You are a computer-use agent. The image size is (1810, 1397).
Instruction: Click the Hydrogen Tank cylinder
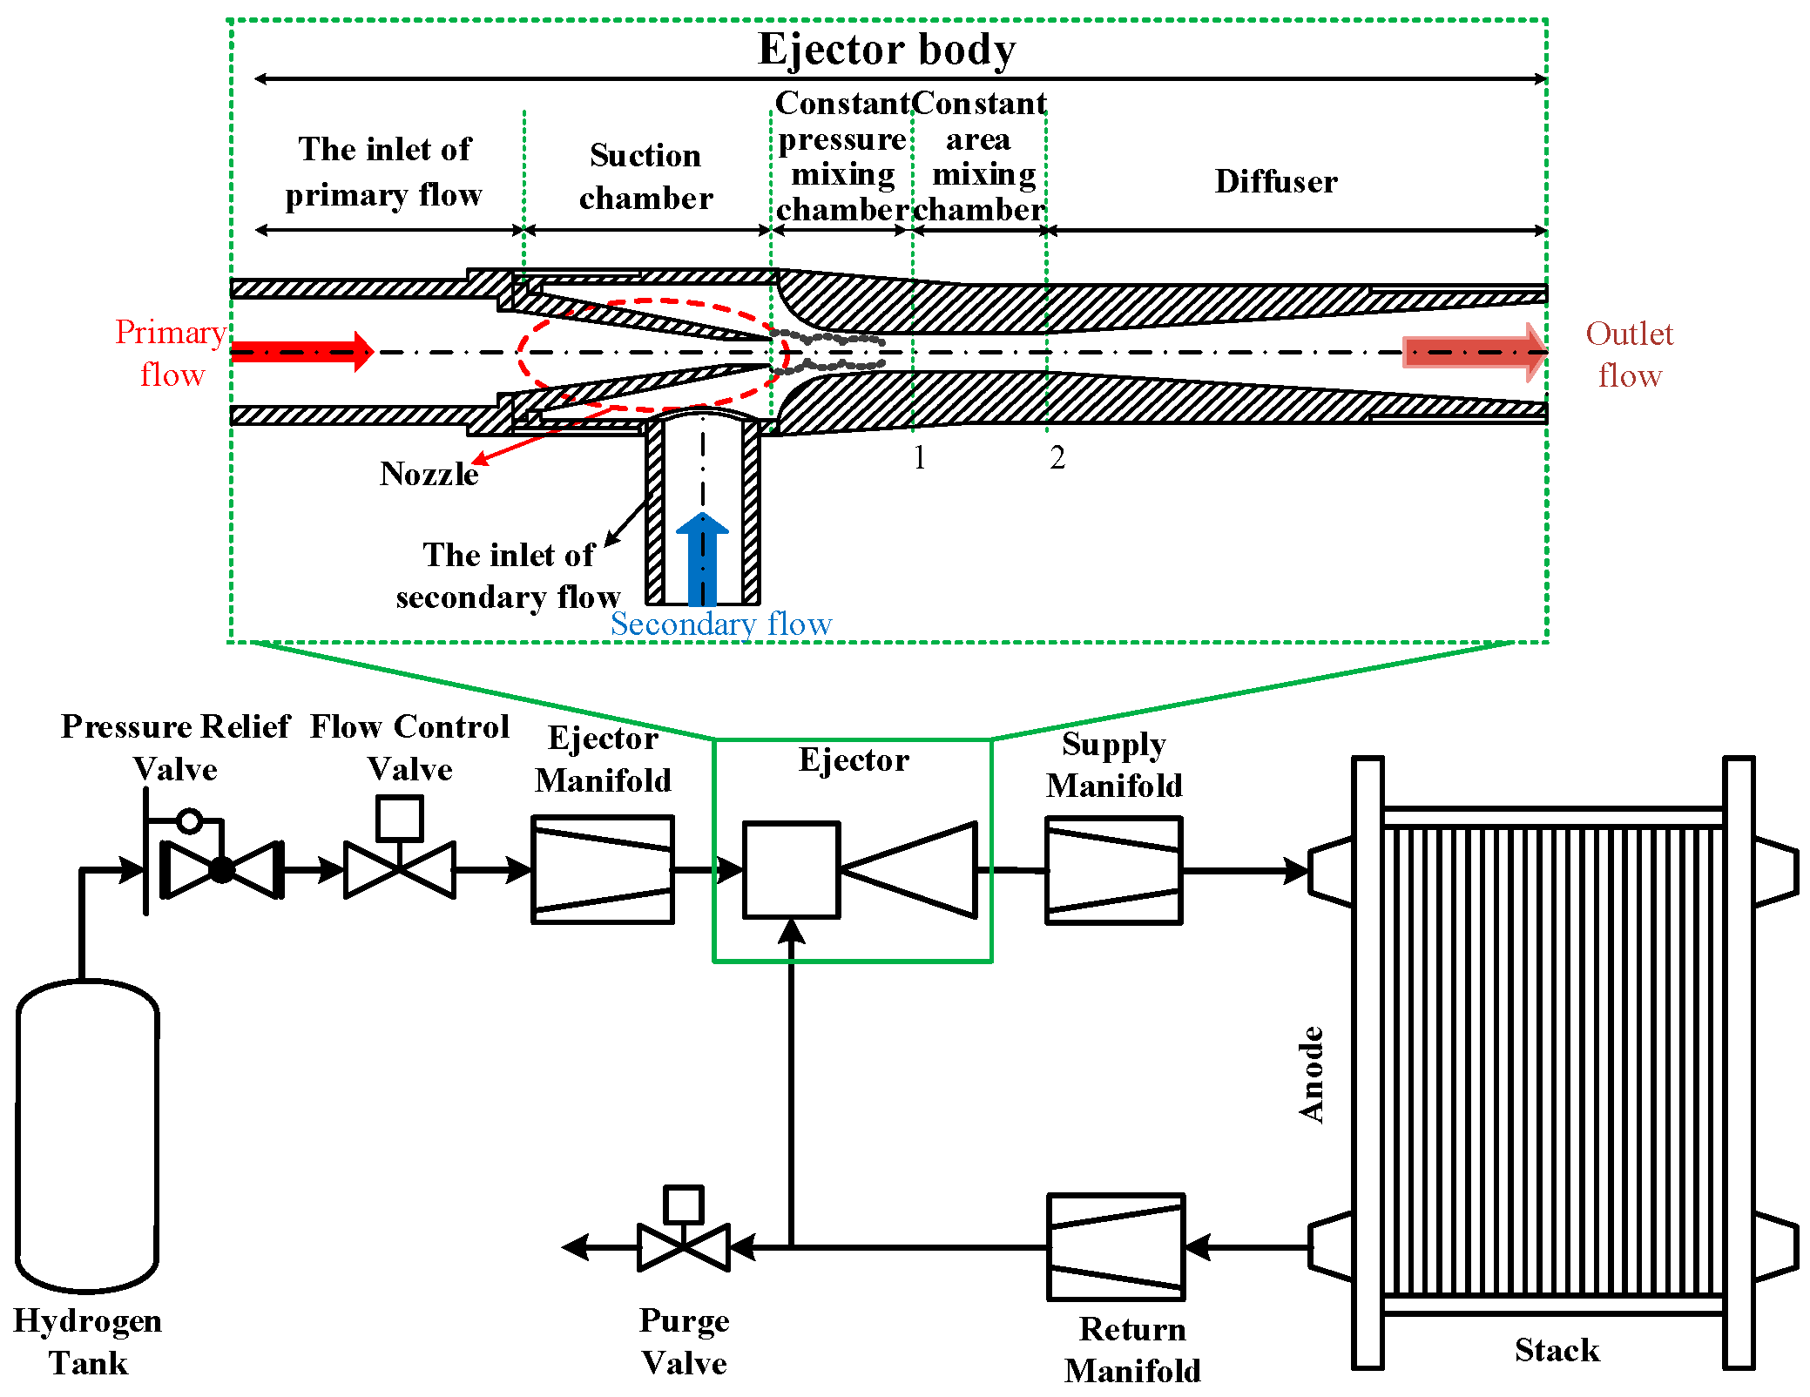coord(87,1136)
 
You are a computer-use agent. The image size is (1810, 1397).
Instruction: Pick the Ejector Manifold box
coord(603,869)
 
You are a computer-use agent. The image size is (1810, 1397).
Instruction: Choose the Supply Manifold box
coord(1114,870)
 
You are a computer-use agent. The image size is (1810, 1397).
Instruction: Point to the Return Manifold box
coord(1116,1247)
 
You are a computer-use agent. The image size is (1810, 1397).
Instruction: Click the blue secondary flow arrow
coord(702,558)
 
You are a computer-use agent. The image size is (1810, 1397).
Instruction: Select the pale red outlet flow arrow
coord(1475,353)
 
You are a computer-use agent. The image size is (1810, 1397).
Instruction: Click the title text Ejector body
coord(887,49)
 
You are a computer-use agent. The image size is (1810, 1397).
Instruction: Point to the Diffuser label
coord(1276,181)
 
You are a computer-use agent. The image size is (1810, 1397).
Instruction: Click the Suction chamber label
coord(645,176)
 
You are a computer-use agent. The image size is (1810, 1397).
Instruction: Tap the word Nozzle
coord(429,474)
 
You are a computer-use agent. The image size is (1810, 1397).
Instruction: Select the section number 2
coord(1057,457)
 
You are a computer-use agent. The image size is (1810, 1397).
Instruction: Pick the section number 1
coord(920,457)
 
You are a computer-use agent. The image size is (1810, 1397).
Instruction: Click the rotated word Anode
coord(1311,1075)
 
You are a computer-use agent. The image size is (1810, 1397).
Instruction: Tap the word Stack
coord(1557,1350)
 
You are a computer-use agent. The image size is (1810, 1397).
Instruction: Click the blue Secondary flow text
coord(721,624)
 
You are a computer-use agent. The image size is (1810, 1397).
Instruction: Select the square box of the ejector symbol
coord(791,870)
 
